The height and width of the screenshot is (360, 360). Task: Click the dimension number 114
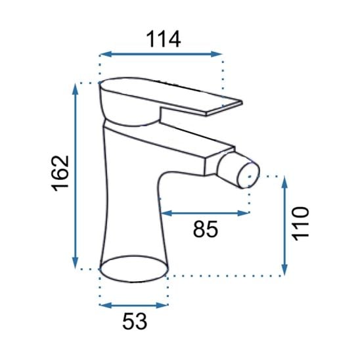click(163, 39)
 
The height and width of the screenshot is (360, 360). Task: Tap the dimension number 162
click(60, 173)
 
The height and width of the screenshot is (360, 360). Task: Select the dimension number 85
click(205, 229)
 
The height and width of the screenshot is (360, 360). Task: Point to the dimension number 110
click(301, 223)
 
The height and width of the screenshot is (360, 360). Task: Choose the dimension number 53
click(135, 321)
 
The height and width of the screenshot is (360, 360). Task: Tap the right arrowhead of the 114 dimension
click(217, 54)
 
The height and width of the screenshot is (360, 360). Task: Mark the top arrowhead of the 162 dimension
click(75, 89)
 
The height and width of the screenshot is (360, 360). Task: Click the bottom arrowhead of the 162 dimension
click(75, 263)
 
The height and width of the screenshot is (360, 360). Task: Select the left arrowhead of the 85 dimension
click(166, 213)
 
